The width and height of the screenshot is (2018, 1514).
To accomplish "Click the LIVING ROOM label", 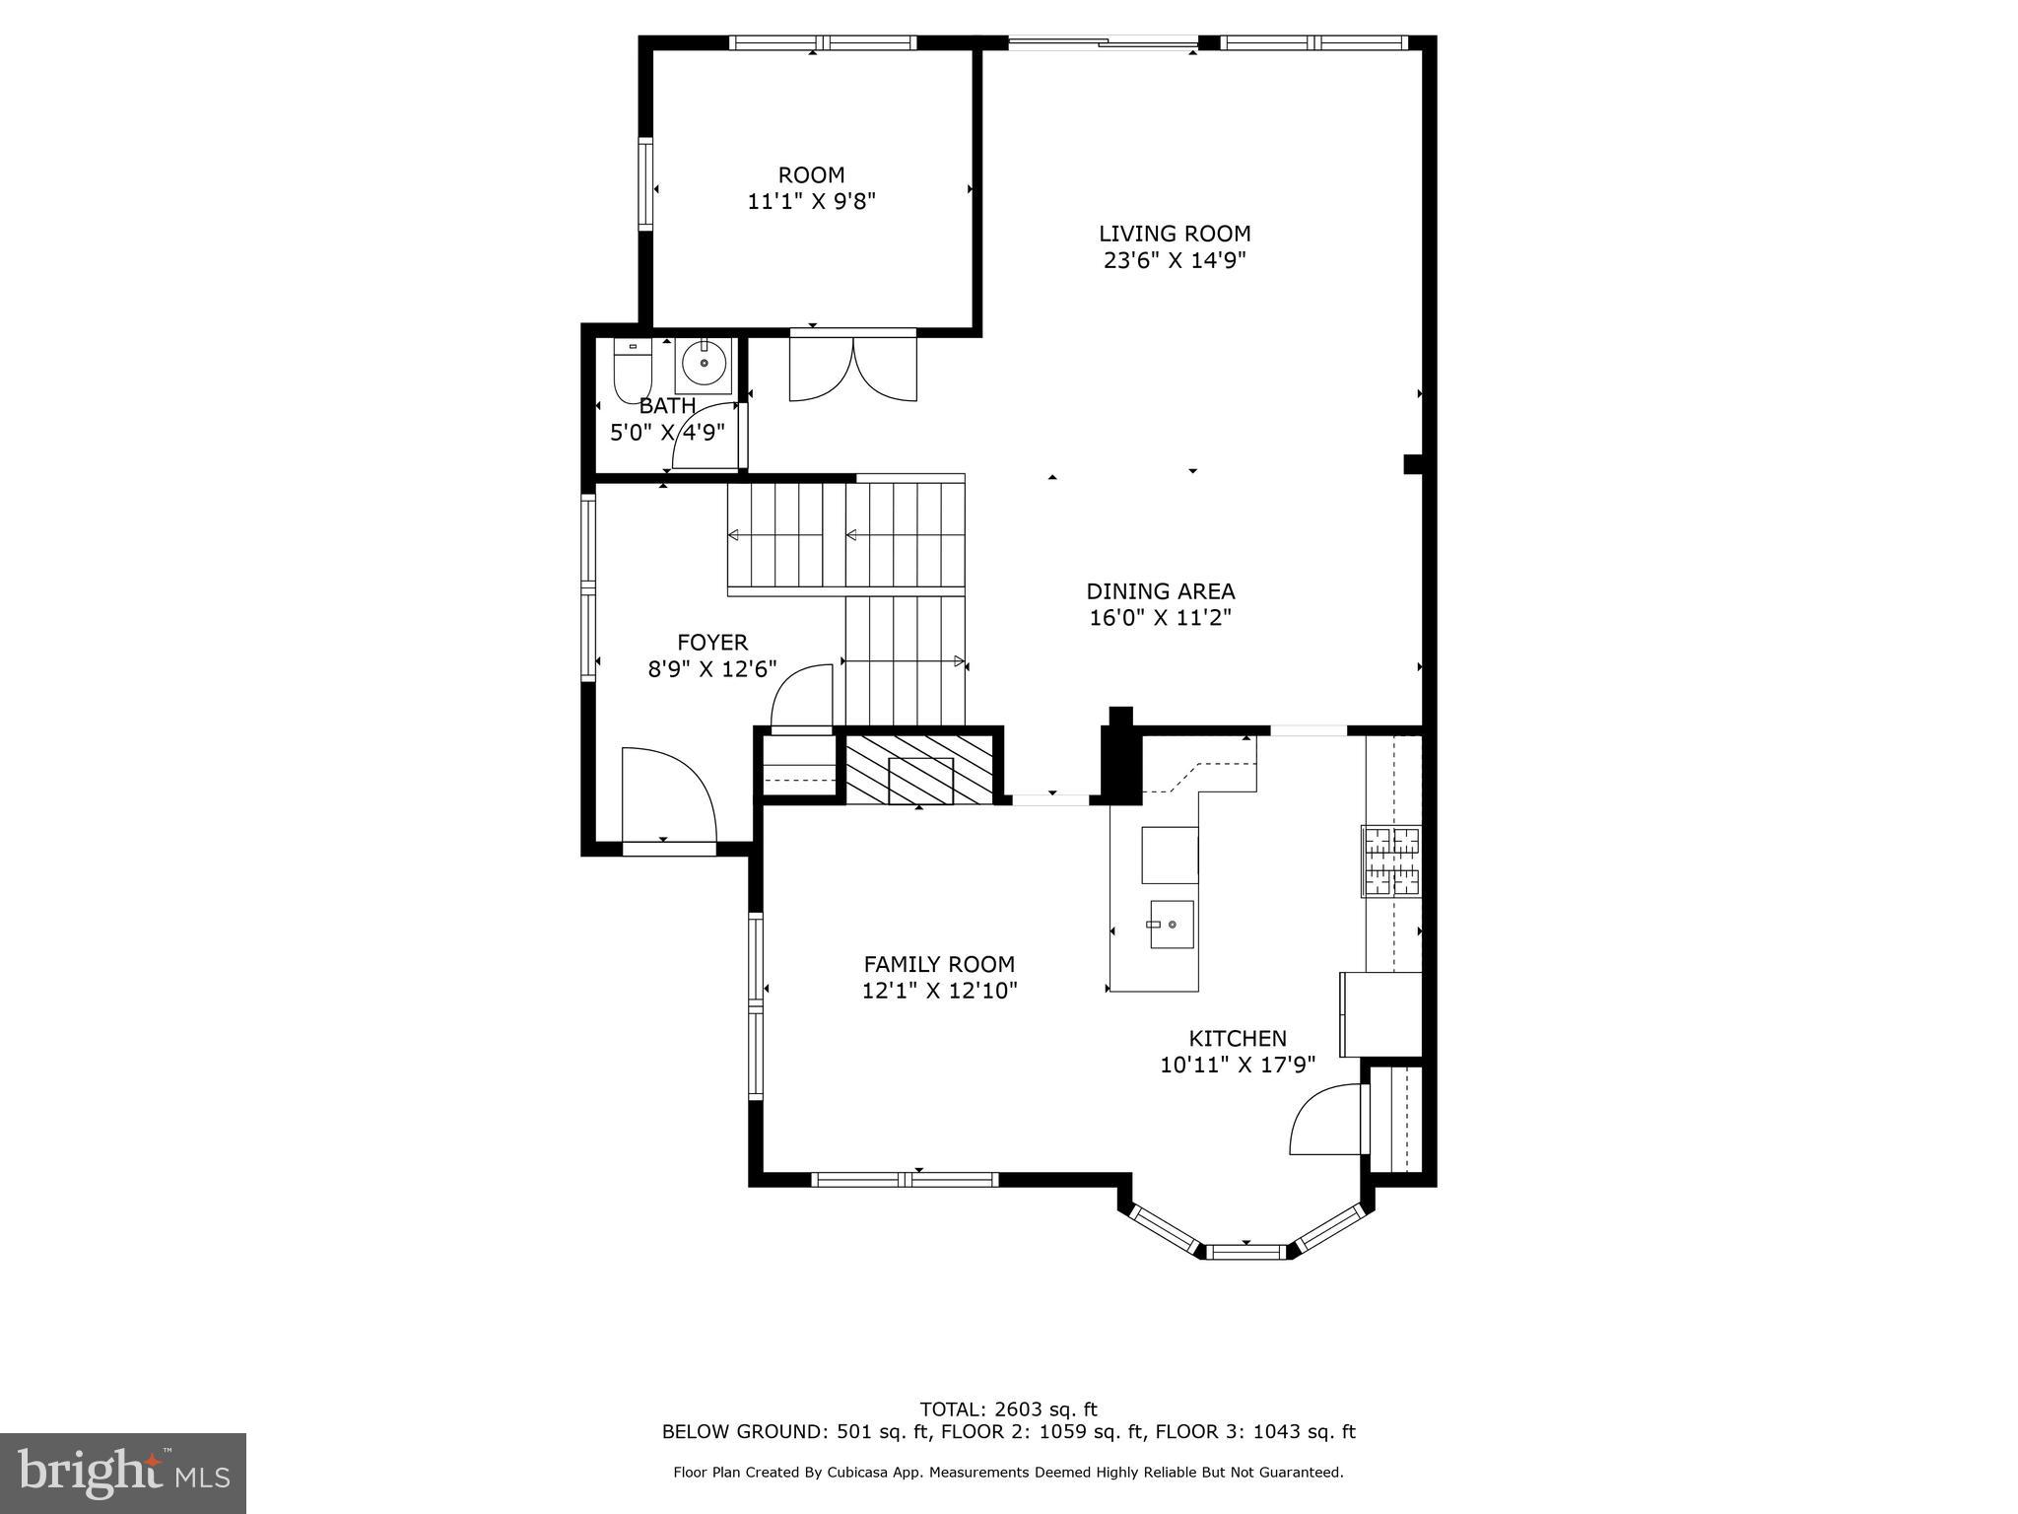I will click(1175, 234).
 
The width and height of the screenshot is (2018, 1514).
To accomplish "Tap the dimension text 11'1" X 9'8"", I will click(811, 202).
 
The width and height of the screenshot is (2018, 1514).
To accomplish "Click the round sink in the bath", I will click(705, 364).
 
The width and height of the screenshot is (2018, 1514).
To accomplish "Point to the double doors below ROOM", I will click(853, 369).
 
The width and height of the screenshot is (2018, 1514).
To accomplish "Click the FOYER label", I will click(711, 643).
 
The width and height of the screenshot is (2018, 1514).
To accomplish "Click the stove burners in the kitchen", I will click(1391, 860).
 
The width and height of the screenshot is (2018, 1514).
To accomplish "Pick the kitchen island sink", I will click(1171, 925).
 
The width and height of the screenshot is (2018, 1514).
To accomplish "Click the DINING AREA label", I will click(1160, 591).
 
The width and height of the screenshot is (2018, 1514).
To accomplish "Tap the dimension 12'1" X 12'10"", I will click(939, 991).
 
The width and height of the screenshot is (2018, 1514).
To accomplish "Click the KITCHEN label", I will click(1237, 1038).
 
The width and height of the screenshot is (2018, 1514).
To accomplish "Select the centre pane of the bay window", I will click(1245, 1252).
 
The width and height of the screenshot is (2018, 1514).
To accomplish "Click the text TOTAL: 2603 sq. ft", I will click(1008, 1410).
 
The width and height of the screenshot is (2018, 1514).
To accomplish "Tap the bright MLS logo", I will click(123, 1474).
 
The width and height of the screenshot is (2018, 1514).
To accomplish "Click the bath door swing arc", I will click(704, 437).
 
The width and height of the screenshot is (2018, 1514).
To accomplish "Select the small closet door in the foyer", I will click(801, 697).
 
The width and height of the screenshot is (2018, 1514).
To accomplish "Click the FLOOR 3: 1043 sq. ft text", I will click(1255, 1432).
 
